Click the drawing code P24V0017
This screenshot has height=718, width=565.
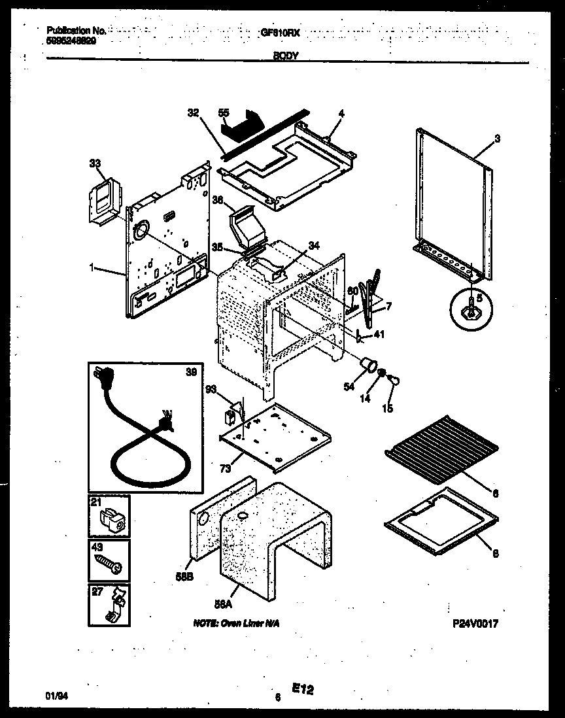coord(475,624)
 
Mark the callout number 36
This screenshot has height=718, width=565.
coord(217,201)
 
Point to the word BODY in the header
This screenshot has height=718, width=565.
coord(286,57)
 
